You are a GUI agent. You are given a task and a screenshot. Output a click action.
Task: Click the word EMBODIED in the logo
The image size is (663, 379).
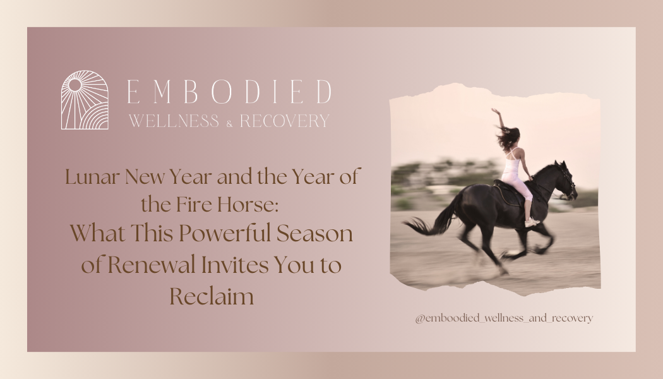(229, 92)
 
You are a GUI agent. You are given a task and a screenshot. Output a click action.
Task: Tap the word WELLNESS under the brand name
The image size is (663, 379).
(174, 121)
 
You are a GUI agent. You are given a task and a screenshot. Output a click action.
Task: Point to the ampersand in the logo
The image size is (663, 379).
(229, 123)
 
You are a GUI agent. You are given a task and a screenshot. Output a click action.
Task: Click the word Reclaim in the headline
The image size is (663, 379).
(211, 295)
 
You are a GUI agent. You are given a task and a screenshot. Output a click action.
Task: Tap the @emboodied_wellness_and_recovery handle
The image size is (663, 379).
(504, 318)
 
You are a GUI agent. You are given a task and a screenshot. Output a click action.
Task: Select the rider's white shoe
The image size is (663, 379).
(532, 222)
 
